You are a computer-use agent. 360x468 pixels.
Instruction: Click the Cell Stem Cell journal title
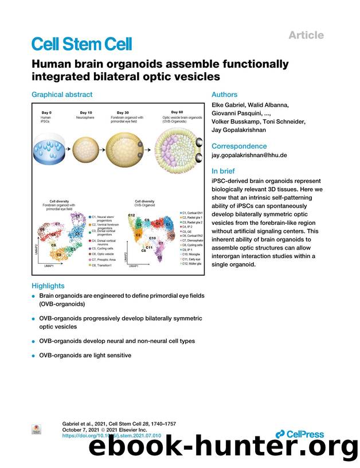(x=81, y=44)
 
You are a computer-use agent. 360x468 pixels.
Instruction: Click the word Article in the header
(x=306, y=36)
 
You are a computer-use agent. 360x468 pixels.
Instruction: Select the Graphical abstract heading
(x=61, y=95)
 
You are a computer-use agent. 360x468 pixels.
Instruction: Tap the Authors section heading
(x=225, y=95)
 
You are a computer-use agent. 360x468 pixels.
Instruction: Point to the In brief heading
(x=224, y=171)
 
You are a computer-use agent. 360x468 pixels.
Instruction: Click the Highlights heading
(x=48, y=286)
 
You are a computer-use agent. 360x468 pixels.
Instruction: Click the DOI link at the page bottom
(x=111, y=436)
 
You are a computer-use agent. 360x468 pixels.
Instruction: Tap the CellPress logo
(x=300, y=434)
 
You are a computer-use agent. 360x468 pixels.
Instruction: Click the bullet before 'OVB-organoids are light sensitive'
(x=33, y=356)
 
